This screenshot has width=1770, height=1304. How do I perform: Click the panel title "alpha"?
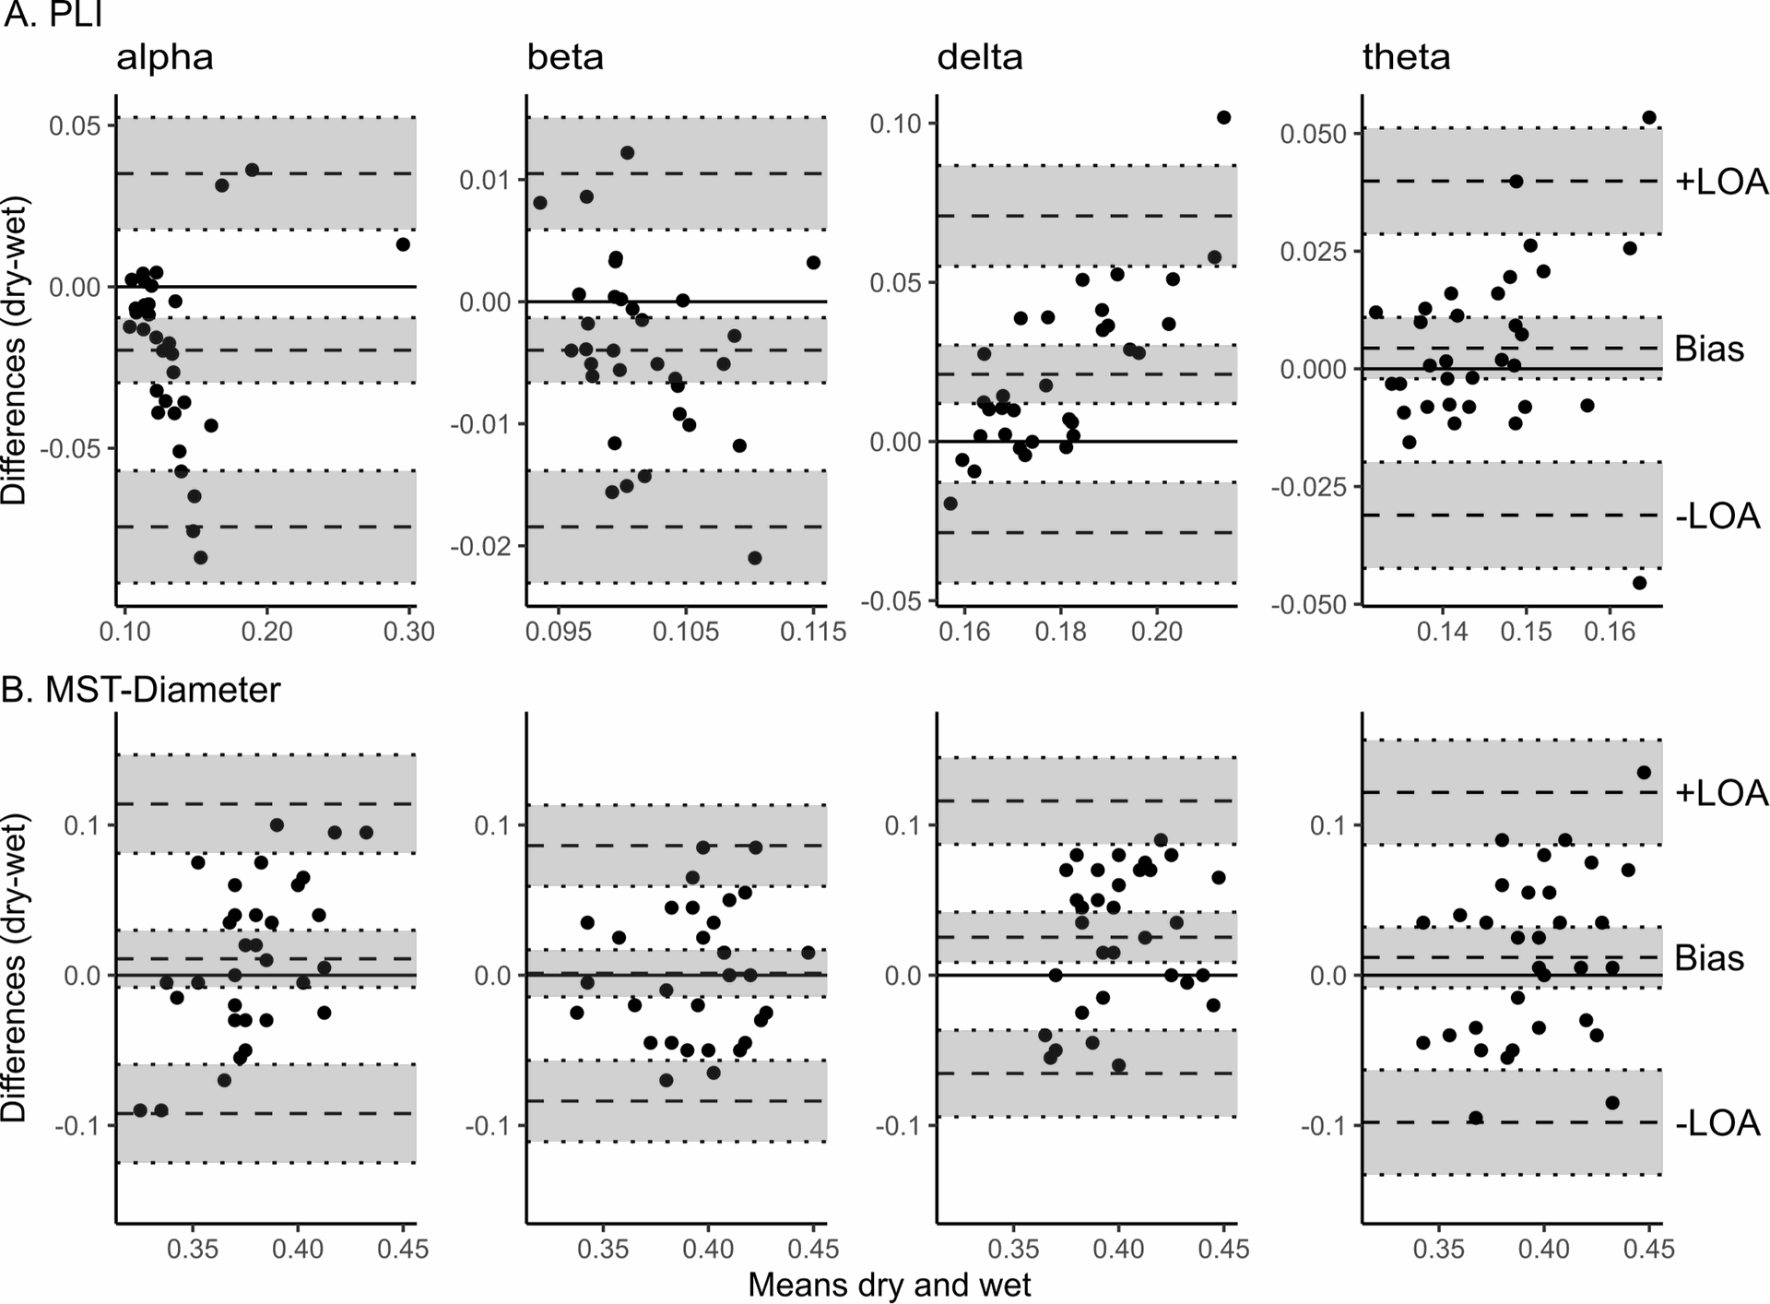[x=165, y=58]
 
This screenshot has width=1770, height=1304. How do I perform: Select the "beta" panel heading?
[x=565, y=58]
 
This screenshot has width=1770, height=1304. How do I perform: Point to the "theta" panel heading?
[x=1406, y=58]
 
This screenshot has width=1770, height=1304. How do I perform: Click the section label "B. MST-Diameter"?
[x=141, y=690]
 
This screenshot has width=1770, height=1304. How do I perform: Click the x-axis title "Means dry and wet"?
[x=889, y=1285]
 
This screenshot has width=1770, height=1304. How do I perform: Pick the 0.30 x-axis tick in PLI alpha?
[x=408, y=632]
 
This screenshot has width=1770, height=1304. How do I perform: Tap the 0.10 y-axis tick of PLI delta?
[x=896, y=124]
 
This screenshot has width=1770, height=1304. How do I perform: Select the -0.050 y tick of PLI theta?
[x=1309, y=604]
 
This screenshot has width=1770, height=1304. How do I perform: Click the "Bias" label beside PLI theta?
[x=1709, y=350]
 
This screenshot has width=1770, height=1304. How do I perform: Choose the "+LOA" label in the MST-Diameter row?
[x=1721, y=793]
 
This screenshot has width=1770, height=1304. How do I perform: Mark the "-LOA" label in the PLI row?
[x=1717, y=516]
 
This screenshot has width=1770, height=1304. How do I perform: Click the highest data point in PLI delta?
[x=1223, y=117]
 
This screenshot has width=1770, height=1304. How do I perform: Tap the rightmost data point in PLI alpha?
[x=403, y=244]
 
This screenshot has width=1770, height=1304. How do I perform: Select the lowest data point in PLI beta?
[x=755, y=558]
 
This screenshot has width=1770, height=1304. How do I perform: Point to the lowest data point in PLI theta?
[x=1639, y=583]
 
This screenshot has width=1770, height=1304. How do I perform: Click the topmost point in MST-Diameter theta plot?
[x=1643, y=773]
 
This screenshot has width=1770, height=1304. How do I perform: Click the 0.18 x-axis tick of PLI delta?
[x=1060, y=632]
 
